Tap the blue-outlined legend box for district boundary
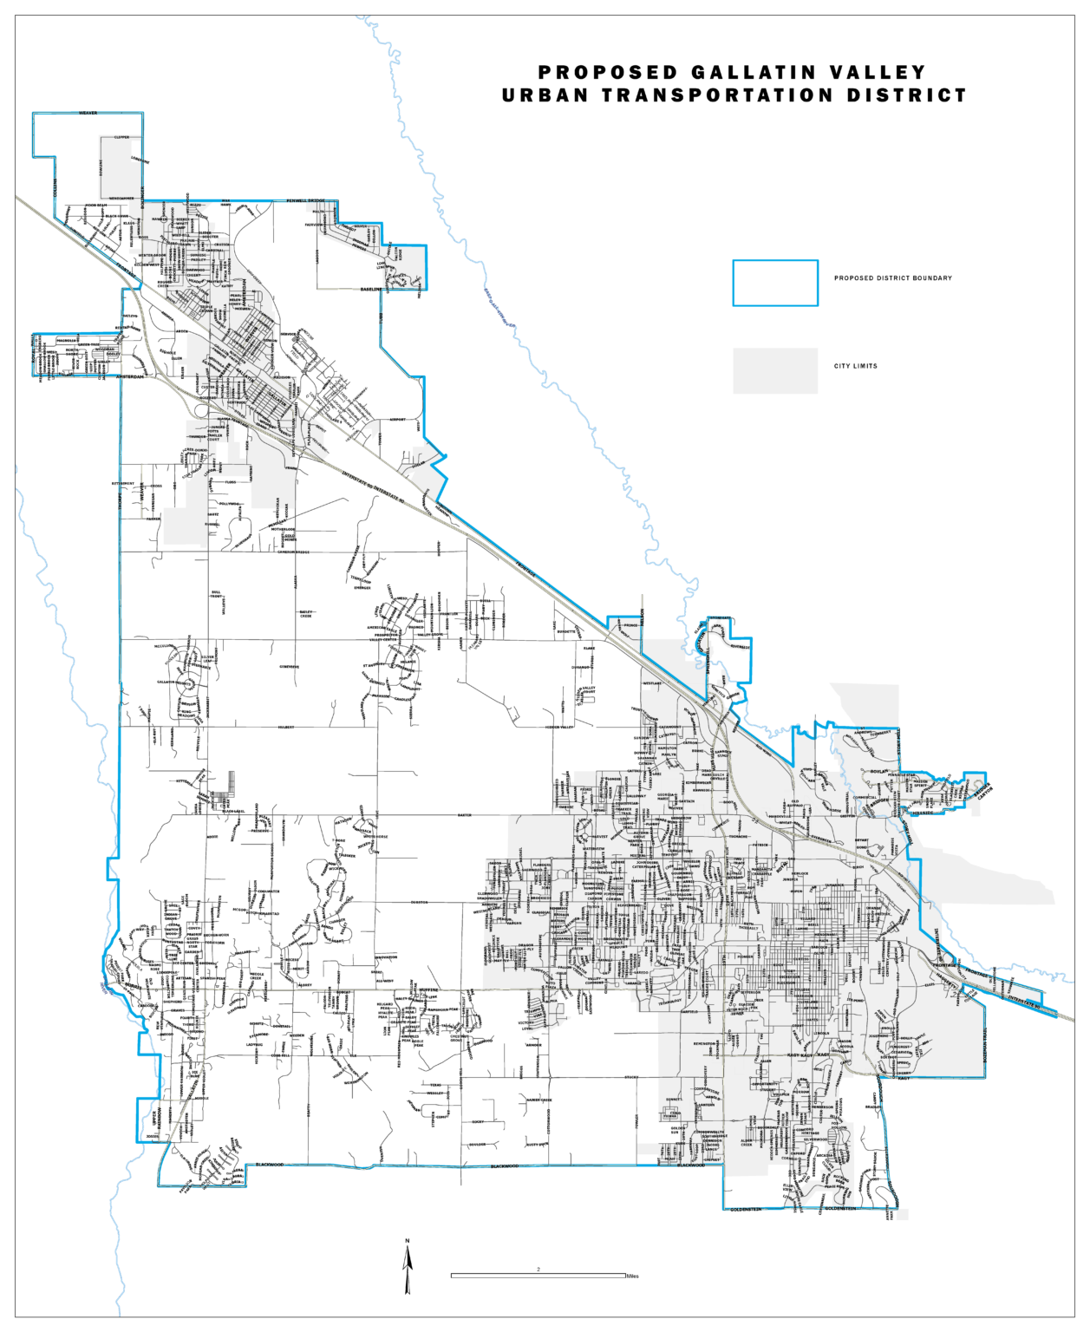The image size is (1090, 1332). coord(774,283)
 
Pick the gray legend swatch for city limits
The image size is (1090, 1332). coord(774,370)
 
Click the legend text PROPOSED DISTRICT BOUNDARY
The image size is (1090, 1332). coord(892,278)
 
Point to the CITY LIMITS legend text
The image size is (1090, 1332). coord(855,366)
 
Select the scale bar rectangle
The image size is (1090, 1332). coord(538,1275)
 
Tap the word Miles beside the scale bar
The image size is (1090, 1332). coord(632,1276)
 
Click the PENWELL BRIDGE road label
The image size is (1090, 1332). coord(305,200)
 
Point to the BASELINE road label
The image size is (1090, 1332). coord(370,289)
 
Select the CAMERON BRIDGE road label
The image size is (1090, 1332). coord(293,552)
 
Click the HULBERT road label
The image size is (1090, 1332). coord(286,727)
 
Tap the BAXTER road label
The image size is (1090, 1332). coord(465,815)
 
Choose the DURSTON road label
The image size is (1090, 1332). coord(419,902)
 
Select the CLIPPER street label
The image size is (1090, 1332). coord(121,137)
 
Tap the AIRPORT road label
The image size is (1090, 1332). coord(397,420)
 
